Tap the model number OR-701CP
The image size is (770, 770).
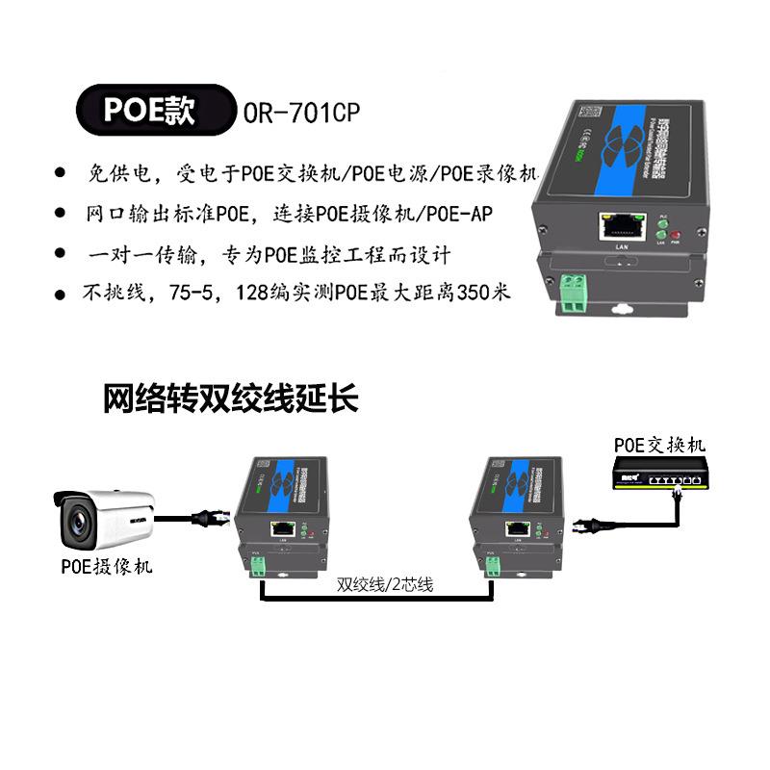302,112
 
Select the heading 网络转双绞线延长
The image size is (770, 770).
231,398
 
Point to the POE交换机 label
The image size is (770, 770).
659,445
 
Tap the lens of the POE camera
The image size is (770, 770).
76,521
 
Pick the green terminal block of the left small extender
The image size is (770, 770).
258,568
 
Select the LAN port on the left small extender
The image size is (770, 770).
284,528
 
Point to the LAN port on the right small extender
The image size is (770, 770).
516,528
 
